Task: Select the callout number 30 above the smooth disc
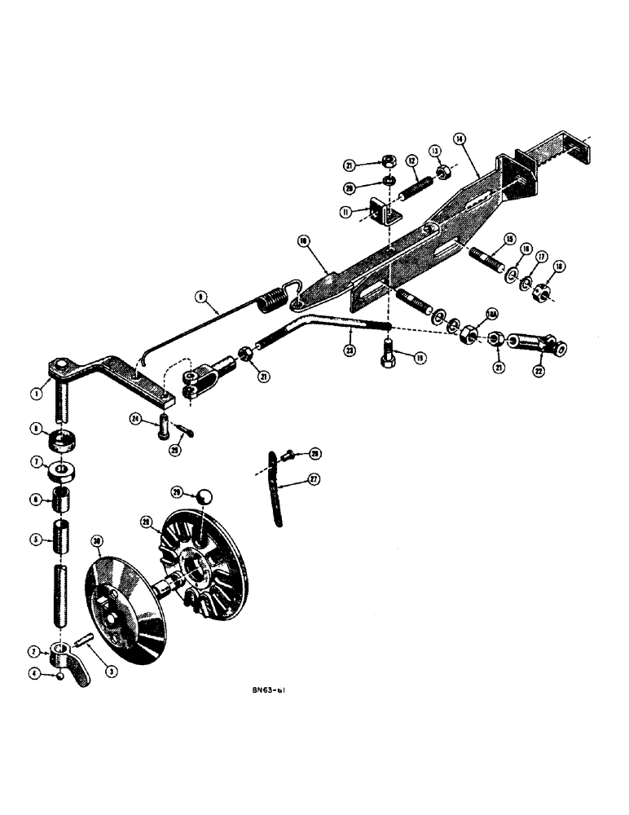coord(99,540)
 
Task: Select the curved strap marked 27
coord(279,489)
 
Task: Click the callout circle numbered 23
coord(350,350)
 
